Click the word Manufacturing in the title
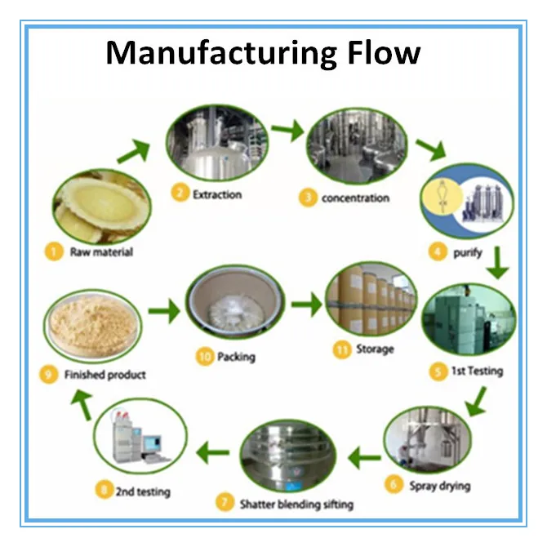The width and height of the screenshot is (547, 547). (214, 53)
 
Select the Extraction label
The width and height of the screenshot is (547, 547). (216, 194)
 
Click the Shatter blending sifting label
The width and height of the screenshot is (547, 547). (296, 504)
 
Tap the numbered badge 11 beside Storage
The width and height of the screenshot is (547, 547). (336, 350)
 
